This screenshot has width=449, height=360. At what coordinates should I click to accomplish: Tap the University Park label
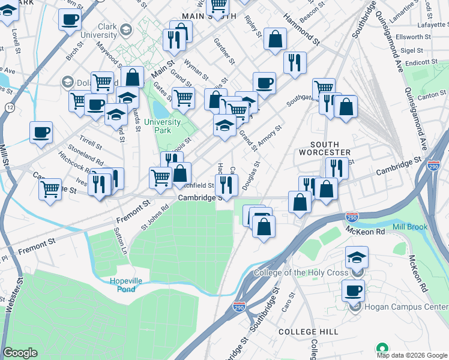162,126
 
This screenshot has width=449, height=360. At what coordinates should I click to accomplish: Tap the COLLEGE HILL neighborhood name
309,332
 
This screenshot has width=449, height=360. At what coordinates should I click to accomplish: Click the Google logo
20,353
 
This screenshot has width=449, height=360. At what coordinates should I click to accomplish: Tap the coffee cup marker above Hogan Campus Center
354,290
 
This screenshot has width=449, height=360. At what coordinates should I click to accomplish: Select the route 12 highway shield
10,106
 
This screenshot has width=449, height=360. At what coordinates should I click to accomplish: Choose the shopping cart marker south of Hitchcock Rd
50,188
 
